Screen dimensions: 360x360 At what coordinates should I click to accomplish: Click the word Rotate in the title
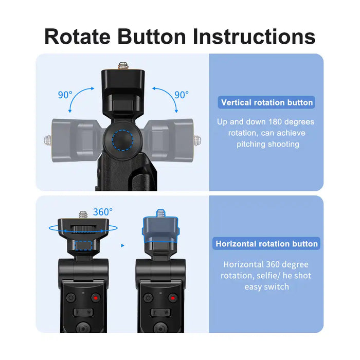tap(77, 37)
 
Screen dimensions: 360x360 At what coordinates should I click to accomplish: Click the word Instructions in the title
tap(254, 37)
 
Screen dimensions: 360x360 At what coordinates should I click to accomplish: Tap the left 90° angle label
tap(65, 95)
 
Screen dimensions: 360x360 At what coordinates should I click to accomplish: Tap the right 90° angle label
tap(182, 95)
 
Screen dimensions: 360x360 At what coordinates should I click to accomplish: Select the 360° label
tap(103, 212)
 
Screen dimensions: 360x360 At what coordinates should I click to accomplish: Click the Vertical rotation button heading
tap(267, 102)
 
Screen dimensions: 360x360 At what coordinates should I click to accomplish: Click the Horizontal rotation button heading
tap(266, 244)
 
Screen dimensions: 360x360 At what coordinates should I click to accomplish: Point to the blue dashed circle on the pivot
tap(122, 140)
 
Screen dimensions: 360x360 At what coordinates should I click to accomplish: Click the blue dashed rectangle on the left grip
tap(83, 245)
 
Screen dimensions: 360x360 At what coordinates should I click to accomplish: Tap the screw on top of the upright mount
tap(123, 66)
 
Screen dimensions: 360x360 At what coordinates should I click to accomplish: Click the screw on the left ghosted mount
tap(48, 140)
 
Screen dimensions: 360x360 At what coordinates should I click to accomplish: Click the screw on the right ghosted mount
tap(197, 140)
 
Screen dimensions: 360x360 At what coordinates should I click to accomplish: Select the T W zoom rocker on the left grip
tap(83, 312)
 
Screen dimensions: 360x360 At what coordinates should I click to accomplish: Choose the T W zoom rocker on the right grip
tap(160, 312)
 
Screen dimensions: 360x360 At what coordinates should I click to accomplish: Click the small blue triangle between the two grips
tap(122, 245)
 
